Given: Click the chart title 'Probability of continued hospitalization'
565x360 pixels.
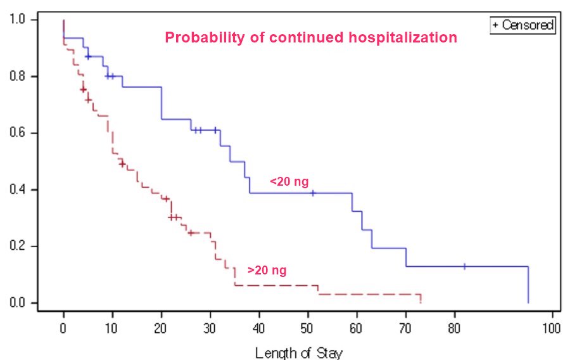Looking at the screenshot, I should pyautogui.click(x=310, y=38).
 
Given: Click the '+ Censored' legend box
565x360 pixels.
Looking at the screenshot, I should pyautogui.click(x=523, y=25).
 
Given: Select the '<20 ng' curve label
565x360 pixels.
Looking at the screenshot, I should pyautogui.click(x=289, y=182).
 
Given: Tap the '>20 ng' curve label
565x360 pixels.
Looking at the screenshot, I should pyautogui.click(x=267, y=271).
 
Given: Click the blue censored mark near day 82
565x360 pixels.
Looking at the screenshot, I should pyautogui.click(x=464, y=267).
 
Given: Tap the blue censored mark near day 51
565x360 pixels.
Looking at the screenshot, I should pyautogui.click(x=313, y=193).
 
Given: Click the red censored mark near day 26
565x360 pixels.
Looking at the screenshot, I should pyautogui.click(x=190, y=233).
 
